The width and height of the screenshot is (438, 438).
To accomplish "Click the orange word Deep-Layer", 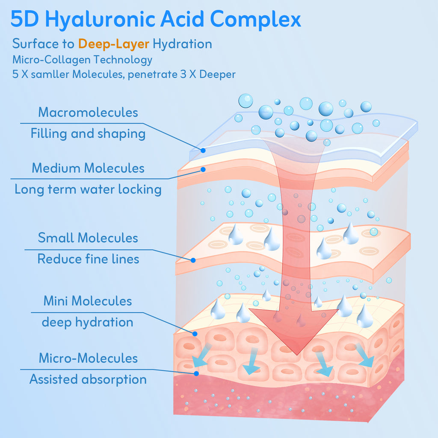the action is point(114,44).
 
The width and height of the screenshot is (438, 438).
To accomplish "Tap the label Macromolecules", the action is point(88,112).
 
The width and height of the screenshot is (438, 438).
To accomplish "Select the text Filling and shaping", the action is point(88,133).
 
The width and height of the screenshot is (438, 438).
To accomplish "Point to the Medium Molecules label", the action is point(88,168).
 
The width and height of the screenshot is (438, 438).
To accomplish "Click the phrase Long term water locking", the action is point(88,189).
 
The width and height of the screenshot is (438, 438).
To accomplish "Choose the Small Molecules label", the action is point(88,238).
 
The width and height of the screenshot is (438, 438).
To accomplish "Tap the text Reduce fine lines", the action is point(88,259).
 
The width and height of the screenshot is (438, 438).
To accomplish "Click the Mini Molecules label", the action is point(88,301).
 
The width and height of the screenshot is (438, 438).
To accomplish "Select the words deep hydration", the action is point(87,322).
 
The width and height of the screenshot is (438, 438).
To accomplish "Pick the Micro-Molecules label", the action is point(88,358).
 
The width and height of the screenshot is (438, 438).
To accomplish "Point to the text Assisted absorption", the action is point(88,379).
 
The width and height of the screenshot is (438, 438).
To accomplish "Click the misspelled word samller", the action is point(50,74).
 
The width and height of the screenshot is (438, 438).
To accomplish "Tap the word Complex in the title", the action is point(255,19).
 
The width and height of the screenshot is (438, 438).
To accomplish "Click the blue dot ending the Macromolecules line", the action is point(203,151).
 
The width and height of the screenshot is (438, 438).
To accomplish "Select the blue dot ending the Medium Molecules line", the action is point(203,169).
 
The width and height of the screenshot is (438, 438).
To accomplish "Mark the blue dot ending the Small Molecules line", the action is point(193,260).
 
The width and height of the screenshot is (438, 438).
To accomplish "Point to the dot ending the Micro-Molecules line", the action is point(196,373).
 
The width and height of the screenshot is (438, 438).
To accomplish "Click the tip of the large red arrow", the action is point(297,355).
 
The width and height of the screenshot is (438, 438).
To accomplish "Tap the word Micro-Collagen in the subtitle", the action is point(51,60).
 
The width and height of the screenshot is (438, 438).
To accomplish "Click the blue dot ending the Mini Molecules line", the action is point(195,334).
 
